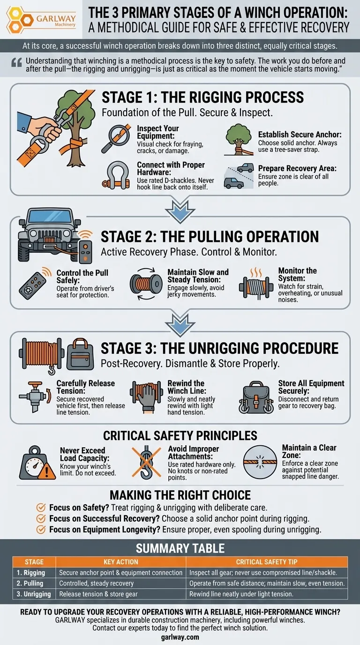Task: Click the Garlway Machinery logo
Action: coord(41,19)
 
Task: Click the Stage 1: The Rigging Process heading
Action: coord(202,97)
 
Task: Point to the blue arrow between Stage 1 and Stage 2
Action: coord(180,212)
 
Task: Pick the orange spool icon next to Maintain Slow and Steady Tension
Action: coord(146,284)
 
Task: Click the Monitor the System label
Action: coord(297,275)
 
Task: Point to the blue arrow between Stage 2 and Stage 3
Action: coord(180,325)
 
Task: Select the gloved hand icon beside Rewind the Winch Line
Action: coord(146,397)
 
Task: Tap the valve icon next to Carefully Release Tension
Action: coord(35,397)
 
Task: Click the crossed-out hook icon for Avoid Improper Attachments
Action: coord(146,462)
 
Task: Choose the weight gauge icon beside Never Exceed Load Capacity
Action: coord(37,463)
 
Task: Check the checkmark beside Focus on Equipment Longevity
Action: coord(41,530)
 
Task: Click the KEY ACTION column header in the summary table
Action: coord(120,562)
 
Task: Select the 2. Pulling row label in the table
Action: coord(30,584)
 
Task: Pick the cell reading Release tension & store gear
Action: coord(98,594)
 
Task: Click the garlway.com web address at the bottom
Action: coord(180,637)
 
